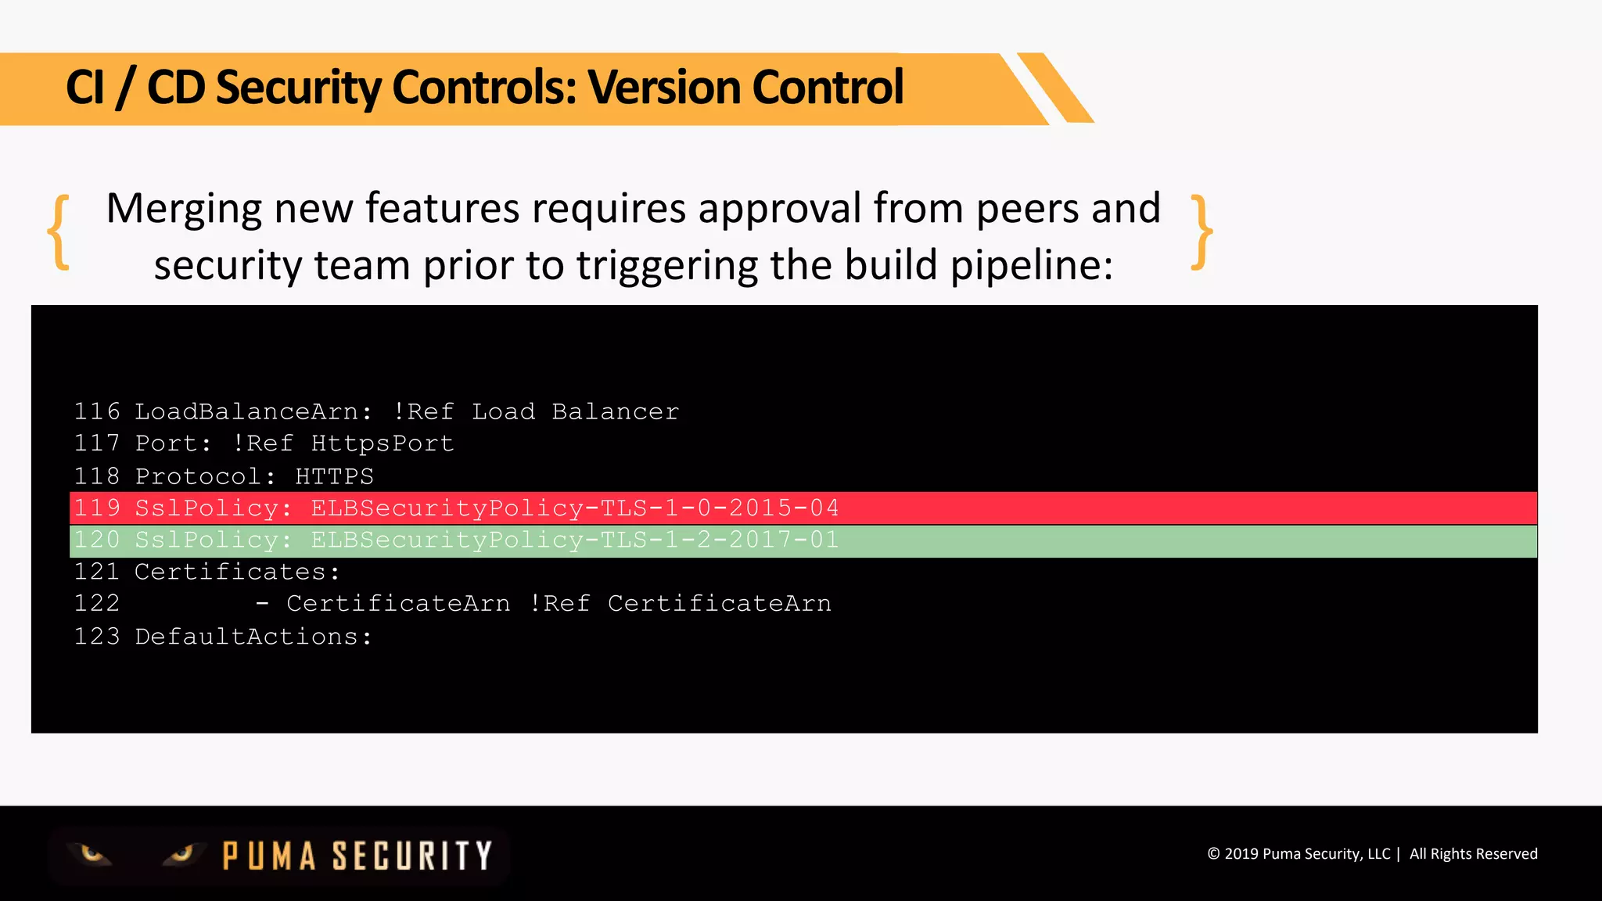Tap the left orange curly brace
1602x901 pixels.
point(59,232)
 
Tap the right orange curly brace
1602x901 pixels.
point(1201,232)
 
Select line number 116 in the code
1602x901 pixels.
point(97,411)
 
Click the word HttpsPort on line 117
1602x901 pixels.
point(383,443)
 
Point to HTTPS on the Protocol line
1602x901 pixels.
point(334,476)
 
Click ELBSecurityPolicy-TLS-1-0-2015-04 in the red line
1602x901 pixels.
point(575,508)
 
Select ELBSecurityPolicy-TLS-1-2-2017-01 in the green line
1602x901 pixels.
point(575,540)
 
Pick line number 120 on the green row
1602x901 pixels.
point(97,540)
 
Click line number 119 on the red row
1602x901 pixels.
point(97,508)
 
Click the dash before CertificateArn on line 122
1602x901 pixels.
point(263,604)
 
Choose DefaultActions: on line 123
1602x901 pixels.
point(253,637)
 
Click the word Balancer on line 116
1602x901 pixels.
point(615,411)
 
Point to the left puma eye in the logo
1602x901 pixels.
point(92,853)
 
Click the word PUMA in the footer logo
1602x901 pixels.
point(269,856)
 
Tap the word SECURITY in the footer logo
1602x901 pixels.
point(412,856)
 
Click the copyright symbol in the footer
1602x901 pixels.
point(1213,854)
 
